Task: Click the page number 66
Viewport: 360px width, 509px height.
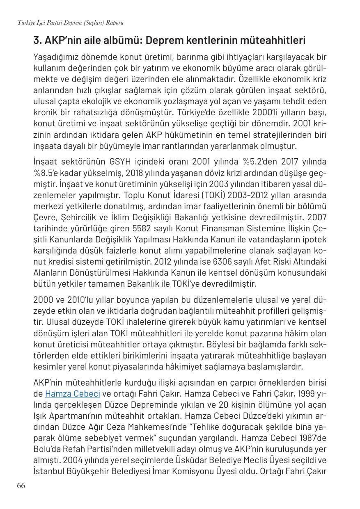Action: [x=21, y=486]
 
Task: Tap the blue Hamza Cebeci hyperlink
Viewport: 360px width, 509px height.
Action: [x=73, y=394]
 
